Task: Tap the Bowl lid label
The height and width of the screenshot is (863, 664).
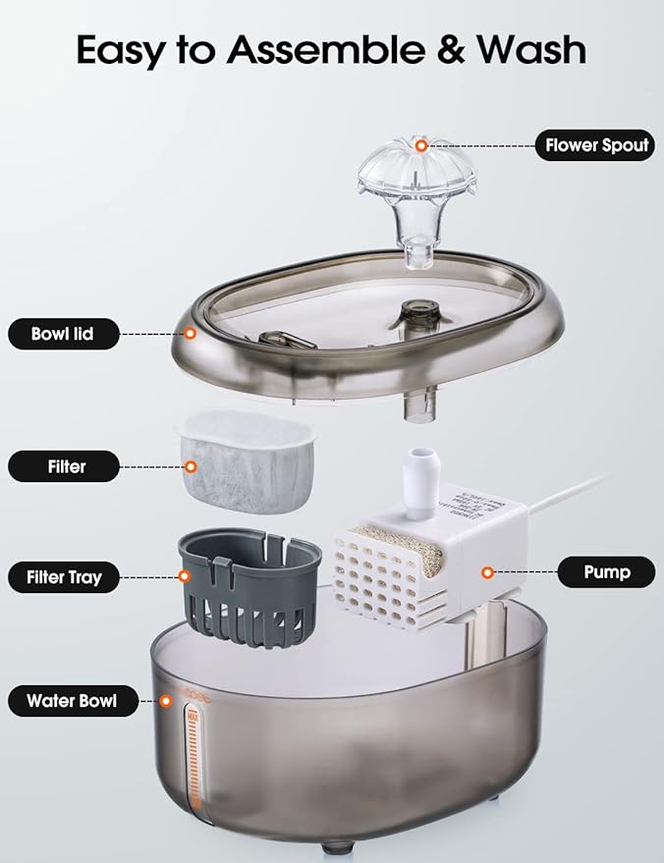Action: (64, 334)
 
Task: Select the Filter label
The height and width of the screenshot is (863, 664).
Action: (66, 466)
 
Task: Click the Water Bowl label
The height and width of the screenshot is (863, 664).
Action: (71, 701)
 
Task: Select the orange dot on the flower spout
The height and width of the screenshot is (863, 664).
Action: (421, 146)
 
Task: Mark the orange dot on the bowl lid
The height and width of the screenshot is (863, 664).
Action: (191, 334)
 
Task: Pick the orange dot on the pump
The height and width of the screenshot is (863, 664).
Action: (485, 570)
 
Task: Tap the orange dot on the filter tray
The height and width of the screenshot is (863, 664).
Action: (184, 577)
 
